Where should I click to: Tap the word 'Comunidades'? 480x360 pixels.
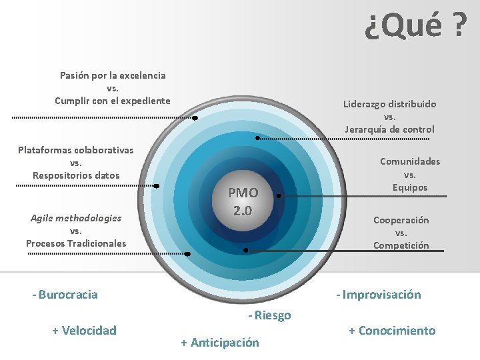[410, 161]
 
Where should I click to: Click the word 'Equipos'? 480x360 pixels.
[410, 187]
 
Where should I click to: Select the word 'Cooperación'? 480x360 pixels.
[401, 220]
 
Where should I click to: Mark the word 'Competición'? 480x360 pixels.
[401, 245]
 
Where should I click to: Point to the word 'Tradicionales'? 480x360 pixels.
[97, 243]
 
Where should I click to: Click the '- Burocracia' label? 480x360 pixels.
[65, 295]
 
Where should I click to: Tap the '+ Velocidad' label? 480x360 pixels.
[84, 330]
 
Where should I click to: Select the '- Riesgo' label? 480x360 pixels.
[269, 315]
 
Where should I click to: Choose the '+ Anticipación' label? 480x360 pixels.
[219, 343]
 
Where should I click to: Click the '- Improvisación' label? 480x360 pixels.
[378, 295]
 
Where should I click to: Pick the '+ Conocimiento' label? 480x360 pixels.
[392, 331]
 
